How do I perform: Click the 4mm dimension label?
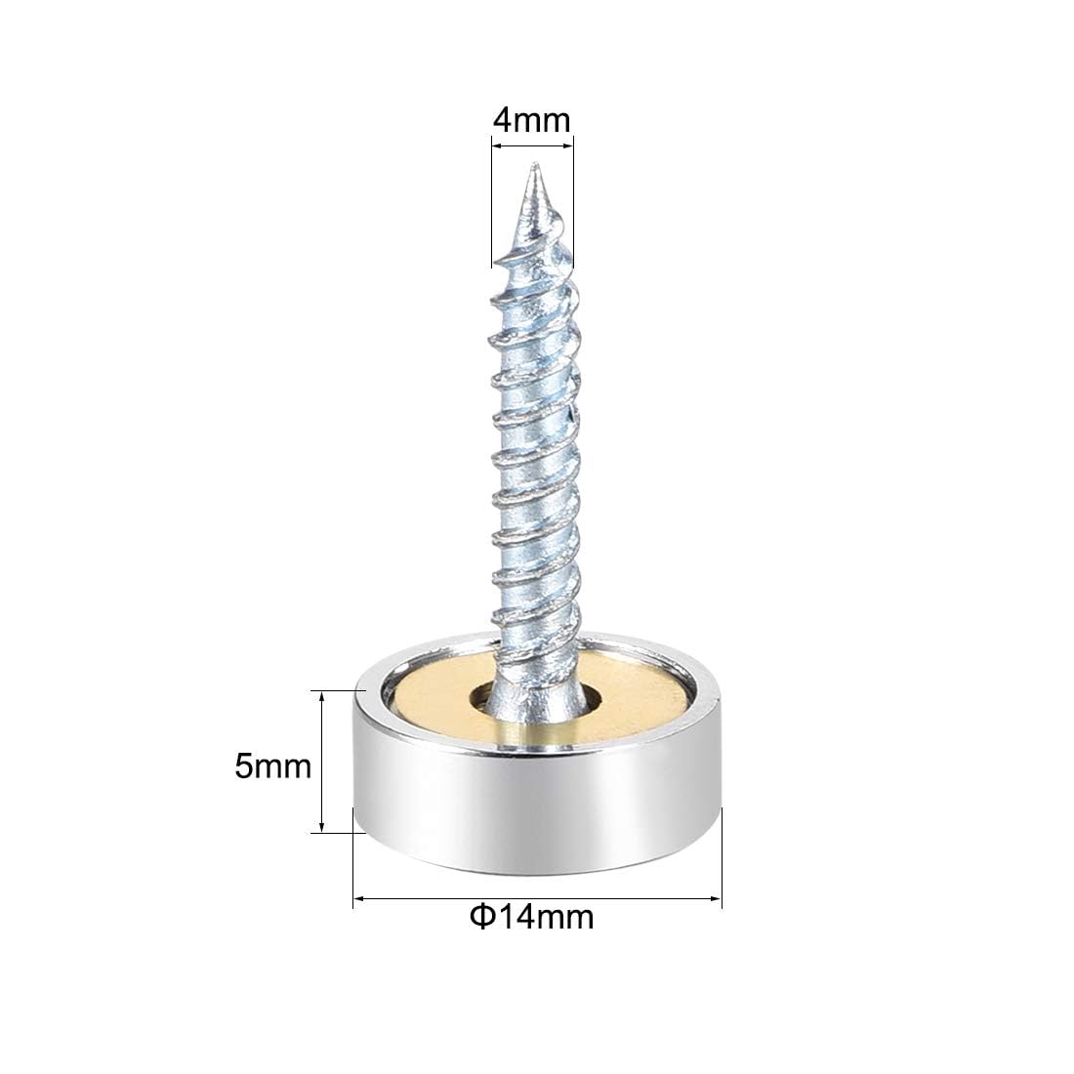pos(531,120)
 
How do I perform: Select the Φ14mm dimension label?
pos(531,917)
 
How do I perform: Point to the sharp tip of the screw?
pos(536,164)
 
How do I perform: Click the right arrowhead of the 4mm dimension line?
pos(568,145)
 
